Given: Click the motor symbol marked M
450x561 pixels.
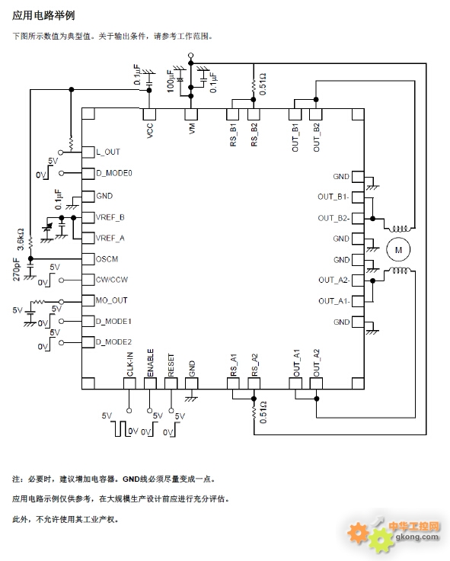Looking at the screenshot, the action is pos(398,250).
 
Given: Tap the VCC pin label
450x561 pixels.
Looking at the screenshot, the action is pos(150,130).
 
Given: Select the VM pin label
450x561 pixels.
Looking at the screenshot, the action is pos(192,129).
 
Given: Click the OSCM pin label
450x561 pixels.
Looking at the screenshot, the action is pos(107,258).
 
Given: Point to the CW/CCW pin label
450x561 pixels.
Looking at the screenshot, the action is pos(112,280).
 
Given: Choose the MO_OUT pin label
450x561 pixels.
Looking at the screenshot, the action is pos(111,300).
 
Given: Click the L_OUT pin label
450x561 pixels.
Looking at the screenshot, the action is pos(108,152).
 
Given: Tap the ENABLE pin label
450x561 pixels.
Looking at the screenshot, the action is pos(151,363).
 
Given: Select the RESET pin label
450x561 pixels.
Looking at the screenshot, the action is pos(171,365).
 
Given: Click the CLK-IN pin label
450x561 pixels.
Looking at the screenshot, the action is pos(129,364).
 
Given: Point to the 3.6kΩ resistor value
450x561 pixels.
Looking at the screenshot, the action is pos(21,239).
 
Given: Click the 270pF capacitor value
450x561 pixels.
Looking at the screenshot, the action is pos(17,269).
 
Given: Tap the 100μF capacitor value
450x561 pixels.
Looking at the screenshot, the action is pos(171,81).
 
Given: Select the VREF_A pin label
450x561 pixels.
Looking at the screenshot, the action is pos(110,238).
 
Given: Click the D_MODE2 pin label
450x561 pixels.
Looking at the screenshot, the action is pos(113,342).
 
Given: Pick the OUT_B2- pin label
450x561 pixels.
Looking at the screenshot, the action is pos(334,218).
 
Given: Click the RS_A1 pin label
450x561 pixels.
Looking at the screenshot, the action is pos(234,365).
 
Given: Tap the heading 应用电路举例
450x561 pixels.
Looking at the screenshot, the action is pos(43,15).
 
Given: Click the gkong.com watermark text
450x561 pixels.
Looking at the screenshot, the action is pos(416,536).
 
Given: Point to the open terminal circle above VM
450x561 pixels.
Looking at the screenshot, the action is pos(191,56).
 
